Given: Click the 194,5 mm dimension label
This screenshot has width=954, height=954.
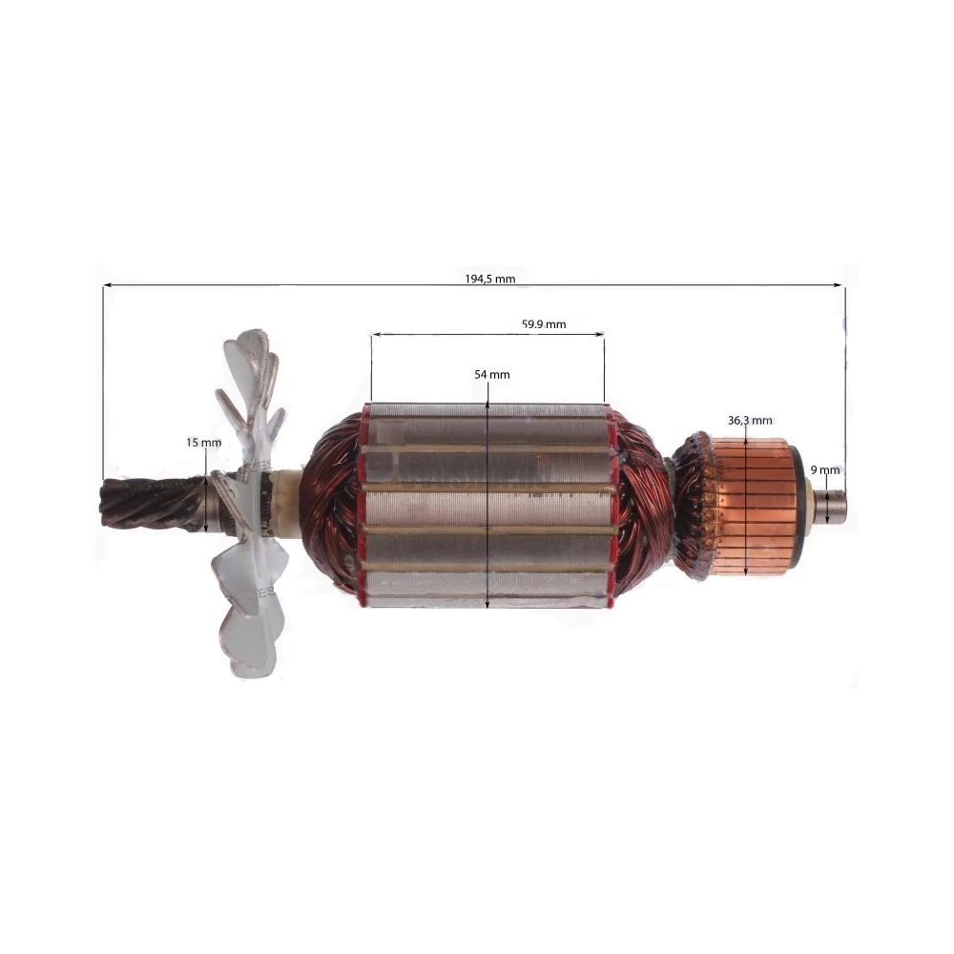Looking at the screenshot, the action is (x=489, y=279).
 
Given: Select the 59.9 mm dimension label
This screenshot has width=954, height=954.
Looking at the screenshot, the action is (x=544, y=324).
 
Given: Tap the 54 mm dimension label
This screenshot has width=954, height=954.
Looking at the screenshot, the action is (x=492, y=375).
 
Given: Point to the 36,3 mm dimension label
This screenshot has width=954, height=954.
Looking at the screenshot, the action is (x=750, y=421).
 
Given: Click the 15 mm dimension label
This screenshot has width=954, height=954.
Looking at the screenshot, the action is (x=204, y=443).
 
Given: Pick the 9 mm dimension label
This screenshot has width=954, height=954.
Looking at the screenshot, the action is (x=825, y=469).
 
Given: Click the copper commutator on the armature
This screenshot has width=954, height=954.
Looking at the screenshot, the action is (x=754, y=507).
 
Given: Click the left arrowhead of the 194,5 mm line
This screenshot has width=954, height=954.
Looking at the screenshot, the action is (x=107, y=284).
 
